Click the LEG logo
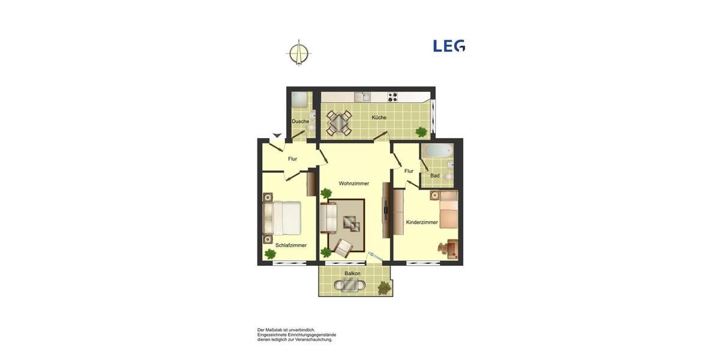pos(449,46)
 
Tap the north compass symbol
pos(299,52)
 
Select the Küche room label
pos(379,118)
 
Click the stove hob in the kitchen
pos(393,97)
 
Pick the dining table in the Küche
pos(339,122)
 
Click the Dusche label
pos(300,121)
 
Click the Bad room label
pos(435,176)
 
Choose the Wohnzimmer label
pos(354,184)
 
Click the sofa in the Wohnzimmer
pos(328,218)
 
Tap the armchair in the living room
pos(344,248)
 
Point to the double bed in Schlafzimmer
pos(282,218)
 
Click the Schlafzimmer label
pos(291,245)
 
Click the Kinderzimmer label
pos(422,222)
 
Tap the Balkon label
pos(353,274)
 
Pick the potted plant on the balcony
pos(383,288)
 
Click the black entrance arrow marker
pos(277,135)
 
